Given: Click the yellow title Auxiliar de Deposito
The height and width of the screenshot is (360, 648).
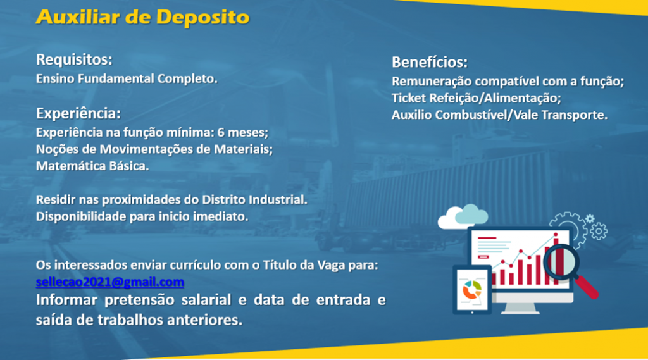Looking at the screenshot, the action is click(142, 17).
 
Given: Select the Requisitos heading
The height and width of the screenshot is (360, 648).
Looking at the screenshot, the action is click(74, 59).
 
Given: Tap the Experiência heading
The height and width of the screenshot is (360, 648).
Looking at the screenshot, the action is click(78, 113).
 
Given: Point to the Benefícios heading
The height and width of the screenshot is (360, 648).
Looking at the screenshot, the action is click(430, 62).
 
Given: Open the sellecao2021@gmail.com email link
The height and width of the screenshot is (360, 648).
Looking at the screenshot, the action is click(110, 282).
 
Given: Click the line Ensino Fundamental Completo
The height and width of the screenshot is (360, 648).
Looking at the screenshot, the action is click(127, 78).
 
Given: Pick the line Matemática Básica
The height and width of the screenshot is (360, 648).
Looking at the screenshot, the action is click(92, 166).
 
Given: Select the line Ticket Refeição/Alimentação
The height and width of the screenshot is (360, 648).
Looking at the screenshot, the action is click(476, 98).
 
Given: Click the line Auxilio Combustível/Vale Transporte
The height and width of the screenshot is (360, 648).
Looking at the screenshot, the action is click(500, 115).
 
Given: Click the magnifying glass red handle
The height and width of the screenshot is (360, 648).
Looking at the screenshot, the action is click(587, 287).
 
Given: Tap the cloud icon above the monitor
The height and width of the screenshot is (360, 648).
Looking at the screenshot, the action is click(463, 216).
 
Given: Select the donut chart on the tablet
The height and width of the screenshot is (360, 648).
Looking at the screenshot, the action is click(472, 290).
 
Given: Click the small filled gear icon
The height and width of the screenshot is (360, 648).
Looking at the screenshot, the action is click(590, 219).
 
